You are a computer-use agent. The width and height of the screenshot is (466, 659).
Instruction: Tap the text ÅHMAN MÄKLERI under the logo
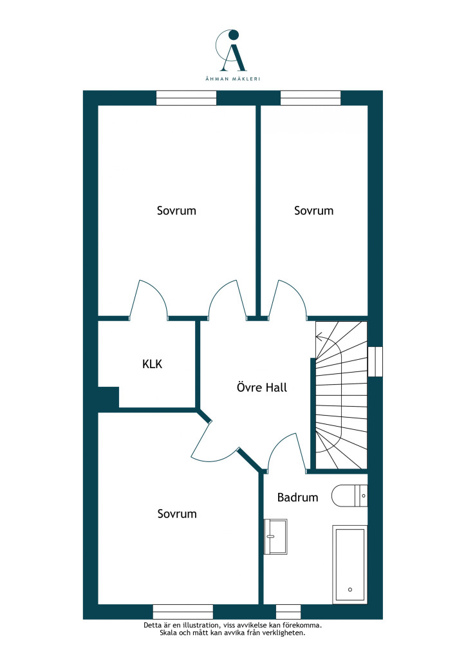point(233,79)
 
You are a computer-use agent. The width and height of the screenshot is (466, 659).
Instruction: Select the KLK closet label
point(152,364)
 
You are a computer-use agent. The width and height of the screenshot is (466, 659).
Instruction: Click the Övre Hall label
point(262,387)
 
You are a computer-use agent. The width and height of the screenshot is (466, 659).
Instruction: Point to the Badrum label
point(297,497)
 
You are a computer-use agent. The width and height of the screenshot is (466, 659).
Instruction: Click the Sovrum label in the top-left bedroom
point(176,210)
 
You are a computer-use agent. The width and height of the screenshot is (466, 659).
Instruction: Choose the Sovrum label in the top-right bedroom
point(314,210)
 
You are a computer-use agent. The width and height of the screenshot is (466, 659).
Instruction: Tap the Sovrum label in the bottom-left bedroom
point(177,514)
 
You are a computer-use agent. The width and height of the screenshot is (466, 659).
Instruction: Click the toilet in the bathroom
point(349,496)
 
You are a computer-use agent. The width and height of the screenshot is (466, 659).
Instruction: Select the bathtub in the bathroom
point(349,564)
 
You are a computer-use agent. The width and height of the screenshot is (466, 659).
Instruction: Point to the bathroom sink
point(275,537)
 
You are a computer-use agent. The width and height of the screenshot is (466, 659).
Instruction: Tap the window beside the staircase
point(375,362)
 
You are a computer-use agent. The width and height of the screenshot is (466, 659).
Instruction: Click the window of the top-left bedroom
point(186,98)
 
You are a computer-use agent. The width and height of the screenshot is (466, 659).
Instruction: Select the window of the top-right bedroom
point(310,98)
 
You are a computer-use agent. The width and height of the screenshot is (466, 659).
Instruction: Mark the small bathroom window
point(288,611)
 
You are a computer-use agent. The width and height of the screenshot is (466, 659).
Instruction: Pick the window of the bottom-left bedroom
point(183,611)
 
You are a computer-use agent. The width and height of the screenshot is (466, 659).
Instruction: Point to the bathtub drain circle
point(350,589)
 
